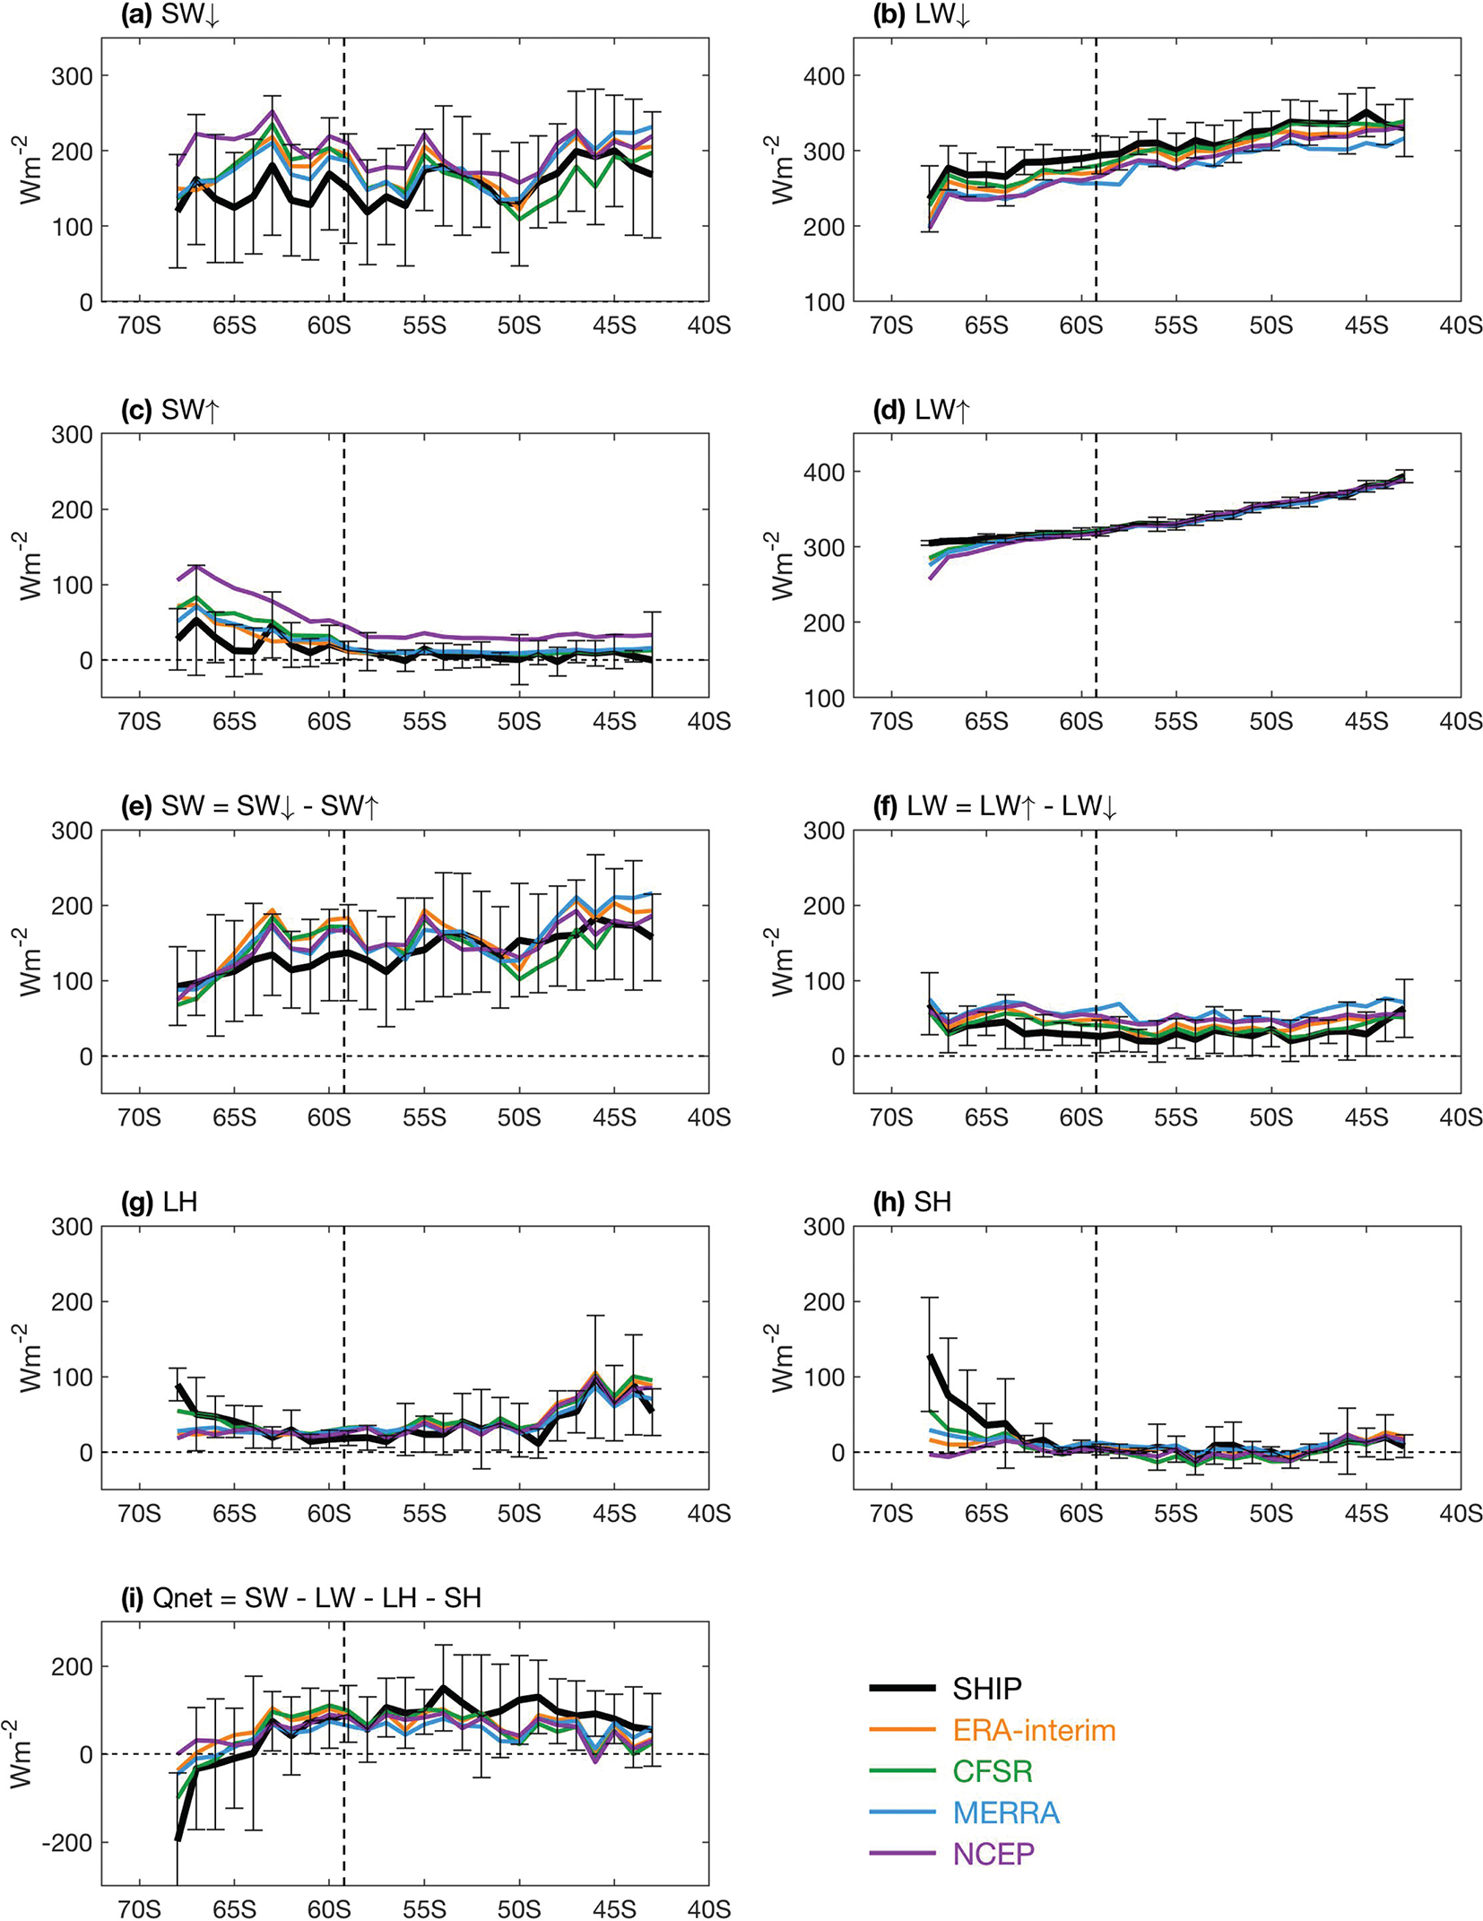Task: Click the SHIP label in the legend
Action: tap(986, 1689)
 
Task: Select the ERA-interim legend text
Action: tap(1034, 1730)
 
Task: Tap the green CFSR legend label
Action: tap(993, 1771)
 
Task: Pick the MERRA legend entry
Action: tap(1006, 1812)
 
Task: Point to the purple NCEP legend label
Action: tap(993, 1854)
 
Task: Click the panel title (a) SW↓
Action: tap(170, 15)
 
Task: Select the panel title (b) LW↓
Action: tap(922, 15)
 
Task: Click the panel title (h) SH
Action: tap(912, 1202)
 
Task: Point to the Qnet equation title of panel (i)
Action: tap(301, 1598)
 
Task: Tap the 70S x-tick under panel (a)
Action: tap(140, 325)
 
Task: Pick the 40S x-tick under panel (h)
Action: tap(1461, 1514)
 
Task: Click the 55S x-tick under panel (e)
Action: tap(424, 1117)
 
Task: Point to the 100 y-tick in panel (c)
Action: tap(73, 585)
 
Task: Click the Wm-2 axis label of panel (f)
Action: tap(783, 960)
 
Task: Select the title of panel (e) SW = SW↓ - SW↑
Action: tap(250, 806)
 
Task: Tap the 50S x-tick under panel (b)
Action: tap(1271, 325)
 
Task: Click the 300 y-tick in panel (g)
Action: tap(73, 1227)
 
